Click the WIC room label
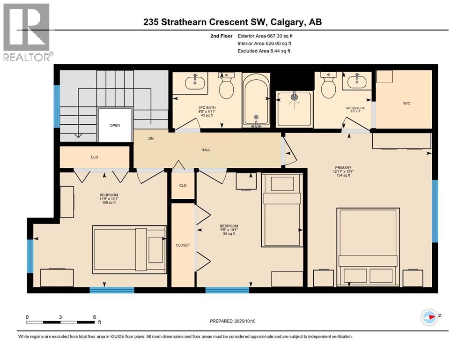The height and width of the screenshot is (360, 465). pyautogui.click(x=406, y=103)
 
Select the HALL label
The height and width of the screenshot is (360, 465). pyautogui.click(x=206, y=150)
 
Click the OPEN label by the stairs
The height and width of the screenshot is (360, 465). pyautogui.click(x=115, y=125)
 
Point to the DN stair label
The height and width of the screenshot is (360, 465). pyautogui.click(x=151, y=138)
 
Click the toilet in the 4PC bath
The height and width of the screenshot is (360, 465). pyautogui.click(x=227, y=87)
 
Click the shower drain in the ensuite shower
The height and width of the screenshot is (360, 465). pyautogui.click(x=295, y=97)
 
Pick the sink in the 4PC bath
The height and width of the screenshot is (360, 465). pyautogui.click(x=194, y=82)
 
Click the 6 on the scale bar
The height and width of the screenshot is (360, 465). pyautogui.click(x=95, y=317)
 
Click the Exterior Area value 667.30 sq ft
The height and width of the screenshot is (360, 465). pyautogui.click(x=279, y=36)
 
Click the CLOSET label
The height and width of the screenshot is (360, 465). pyautogui.click(x=183, y=245)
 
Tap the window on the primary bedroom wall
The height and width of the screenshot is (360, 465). pyautogui.click(x=435, y=210)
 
